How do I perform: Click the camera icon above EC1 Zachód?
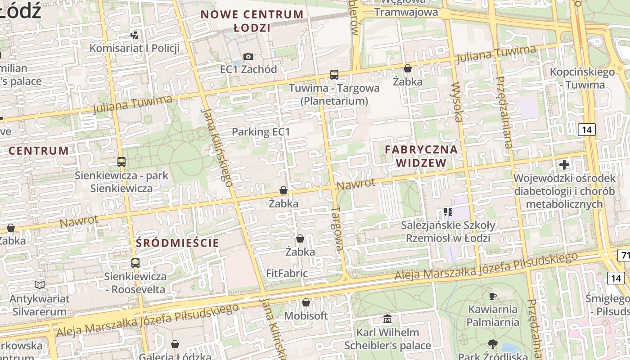[248, 56]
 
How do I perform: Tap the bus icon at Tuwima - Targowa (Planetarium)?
[334, 75]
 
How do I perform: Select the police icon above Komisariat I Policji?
[134, 35]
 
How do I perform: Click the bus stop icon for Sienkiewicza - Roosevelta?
[135, 263]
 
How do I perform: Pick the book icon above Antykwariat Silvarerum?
[40, 285]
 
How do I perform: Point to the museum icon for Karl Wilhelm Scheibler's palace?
[387, 319]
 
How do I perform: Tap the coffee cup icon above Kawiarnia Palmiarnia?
[492, 296]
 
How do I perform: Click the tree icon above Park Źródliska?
[492, 344]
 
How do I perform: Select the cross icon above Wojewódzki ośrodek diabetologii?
[564, 165]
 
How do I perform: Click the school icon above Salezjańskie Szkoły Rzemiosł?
[448, 211]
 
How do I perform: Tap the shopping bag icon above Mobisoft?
[306, 302]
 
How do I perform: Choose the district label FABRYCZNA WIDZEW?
[421, 156]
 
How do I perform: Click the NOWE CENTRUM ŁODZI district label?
[252, 21]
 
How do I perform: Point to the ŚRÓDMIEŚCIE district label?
[177, 243]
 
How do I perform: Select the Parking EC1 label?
[261, 132]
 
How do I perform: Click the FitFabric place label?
[287, 273]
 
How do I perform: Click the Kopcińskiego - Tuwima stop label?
[582, 78]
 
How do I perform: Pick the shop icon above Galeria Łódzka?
[175, 344]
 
